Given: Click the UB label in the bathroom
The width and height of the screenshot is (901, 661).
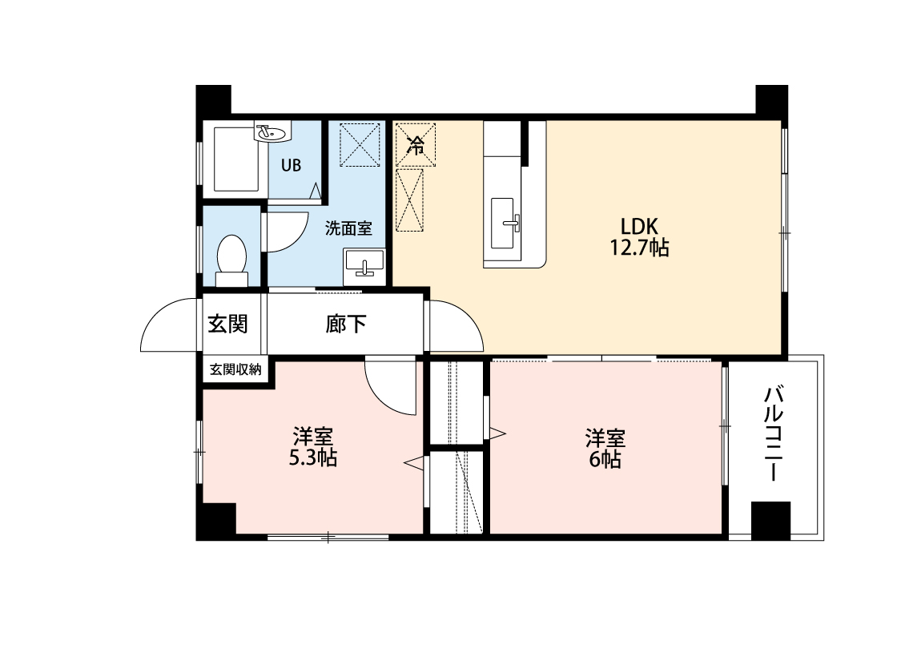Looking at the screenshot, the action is pos(291,166).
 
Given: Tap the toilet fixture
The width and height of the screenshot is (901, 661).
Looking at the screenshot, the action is pos(232,260).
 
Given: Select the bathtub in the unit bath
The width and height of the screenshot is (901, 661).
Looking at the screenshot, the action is pos(235,159).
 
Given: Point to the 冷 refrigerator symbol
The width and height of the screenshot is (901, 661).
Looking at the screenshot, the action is pos(416,144).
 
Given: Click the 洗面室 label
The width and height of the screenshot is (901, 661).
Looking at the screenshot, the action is pos(348,228).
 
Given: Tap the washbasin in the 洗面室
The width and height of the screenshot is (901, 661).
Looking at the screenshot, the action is pos(364,267).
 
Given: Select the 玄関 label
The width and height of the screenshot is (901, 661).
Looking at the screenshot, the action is pos(227,324).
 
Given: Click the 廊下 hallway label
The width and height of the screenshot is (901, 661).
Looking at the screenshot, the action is pos(346,324).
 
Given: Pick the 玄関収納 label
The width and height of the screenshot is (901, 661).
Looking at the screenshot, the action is pos(235,369).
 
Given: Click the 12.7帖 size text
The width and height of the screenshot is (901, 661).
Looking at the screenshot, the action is pos(639,248).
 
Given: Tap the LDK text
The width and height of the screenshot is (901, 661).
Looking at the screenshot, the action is pos(639,225).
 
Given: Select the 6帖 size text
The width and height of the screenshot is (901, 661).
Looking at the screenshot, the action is pos(605,459).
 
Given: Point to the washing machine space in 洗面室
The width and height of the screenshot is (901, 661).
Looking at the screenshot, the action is pos(360,144).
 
